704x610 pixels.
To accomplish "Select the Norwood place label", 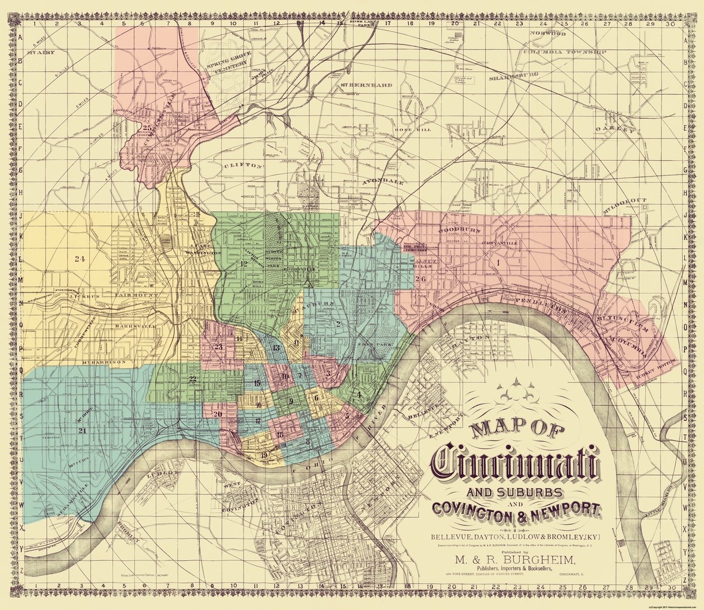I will pyautogui.click(x=550, y=35).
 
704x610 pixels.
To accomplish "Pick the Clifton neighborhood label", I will pyautogui.click(x=242, y=166).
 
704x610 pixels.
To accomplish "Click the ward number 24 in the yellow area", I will pyautogui.click(x=80, y=257).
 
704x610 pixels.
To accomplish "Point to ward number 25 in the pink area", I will pyautogui.click(x=147, y=127).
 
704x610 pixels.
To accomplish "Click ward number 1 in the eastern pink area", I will pyautogui.click(x=498, y=263).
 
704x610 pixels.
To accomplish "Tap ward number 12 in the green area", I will pyautogui.click(x=245, y=263).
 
